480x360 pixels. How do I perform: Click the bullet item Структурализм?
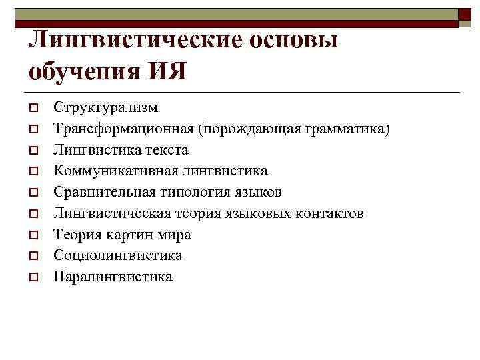[106, 107]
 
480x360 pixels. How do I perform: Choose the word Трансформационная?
[126, 128]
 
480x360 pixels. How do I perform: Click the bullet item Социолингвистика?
[118, 255]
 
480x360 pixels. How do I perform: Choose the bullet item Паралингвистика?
[113, 277]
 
